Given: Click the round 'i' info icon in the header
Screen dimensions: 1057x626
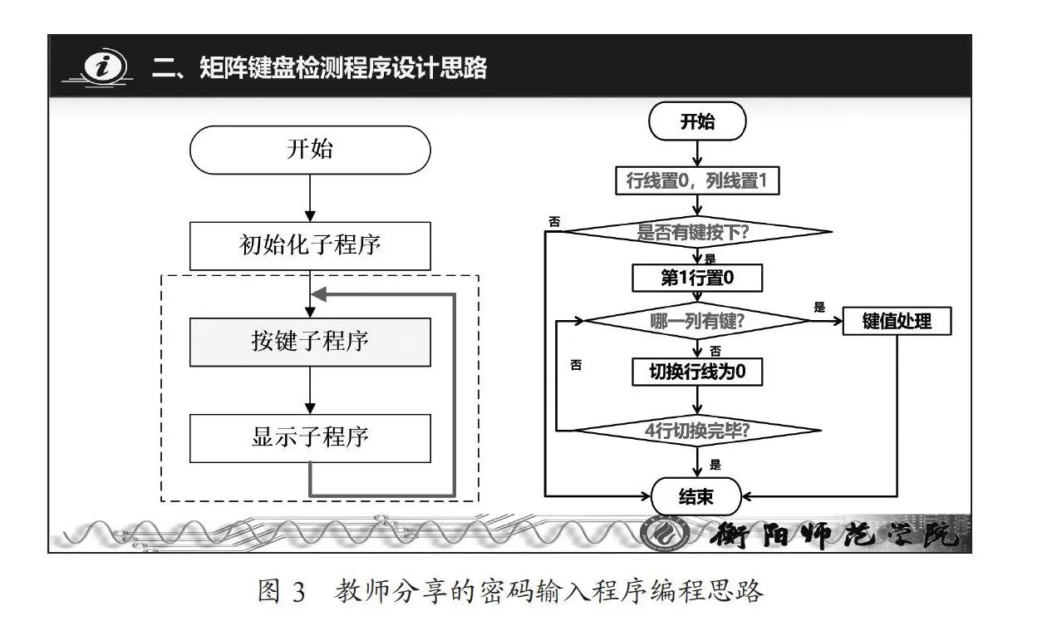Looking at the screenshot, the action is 105,67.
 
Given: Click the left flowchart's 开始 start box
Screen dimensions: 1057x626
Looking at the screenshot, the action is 310,150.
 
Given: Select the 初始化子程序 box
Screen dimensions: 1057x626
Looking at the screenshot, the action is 310,245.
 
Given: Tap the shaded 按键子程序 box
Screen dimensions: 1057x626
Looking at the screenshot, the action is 310,342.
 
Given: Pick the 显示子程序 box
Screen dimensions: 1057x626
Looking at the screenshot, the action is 310,438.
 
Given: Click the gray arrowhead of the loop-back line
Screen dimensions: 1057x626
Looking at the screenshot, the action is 319,294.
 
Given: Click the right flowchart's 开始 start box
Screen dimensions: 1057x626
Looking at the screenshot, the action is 697,121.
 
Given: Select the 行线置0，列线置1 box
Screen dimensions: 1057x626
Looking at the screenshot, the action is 697,180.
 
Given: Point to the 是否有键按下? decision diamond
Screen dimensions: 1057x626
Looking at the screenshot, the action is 697,232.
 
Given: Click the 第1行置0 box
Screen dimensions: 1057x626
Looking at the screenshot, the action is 697,278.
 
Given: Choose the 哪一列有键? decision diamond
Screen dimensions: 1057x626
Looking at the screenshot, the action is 697,321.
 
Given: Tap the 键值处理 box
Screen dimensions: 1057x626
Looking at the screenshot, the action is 897,321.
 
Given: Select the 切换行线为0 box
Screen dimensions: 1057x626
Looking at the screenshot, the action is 697,372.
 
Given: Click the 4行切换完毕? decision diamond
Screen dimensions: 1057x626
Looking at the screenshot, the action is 697,431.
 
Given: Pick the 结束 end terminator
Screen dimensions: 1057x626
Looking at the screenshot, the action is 696,496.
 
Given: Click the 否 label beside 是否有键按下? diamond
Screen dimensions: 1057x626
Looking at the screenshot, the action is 554,221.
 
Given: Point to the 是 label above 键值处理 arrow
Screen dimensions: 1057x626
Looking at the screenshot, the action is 819,307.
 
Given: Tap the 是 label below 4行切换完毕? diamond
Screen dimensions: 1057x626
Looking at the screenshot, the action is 715,465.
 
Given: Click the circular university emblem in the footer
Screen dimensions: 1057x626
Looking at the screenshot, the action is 666,534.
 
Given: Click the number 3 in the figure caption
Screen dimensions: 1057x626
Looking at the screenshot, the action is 298,592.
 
